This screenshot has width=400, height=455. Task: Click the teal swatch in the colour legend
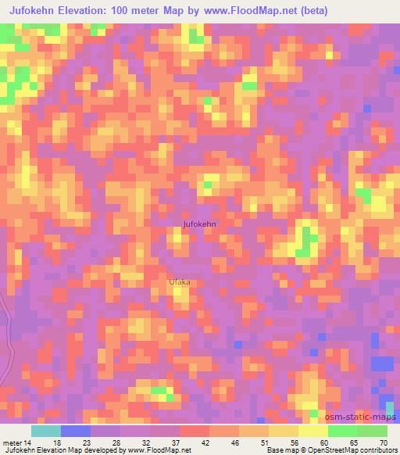[x=47, y=431]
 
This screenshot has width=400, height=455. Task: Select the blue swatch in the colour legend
[x=77, y=431]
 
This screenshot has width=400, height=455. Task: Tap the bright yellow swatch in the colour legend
[x=313, y=431]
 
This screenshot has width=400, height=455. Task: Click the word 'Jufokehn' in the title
[x=37, y=10]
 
